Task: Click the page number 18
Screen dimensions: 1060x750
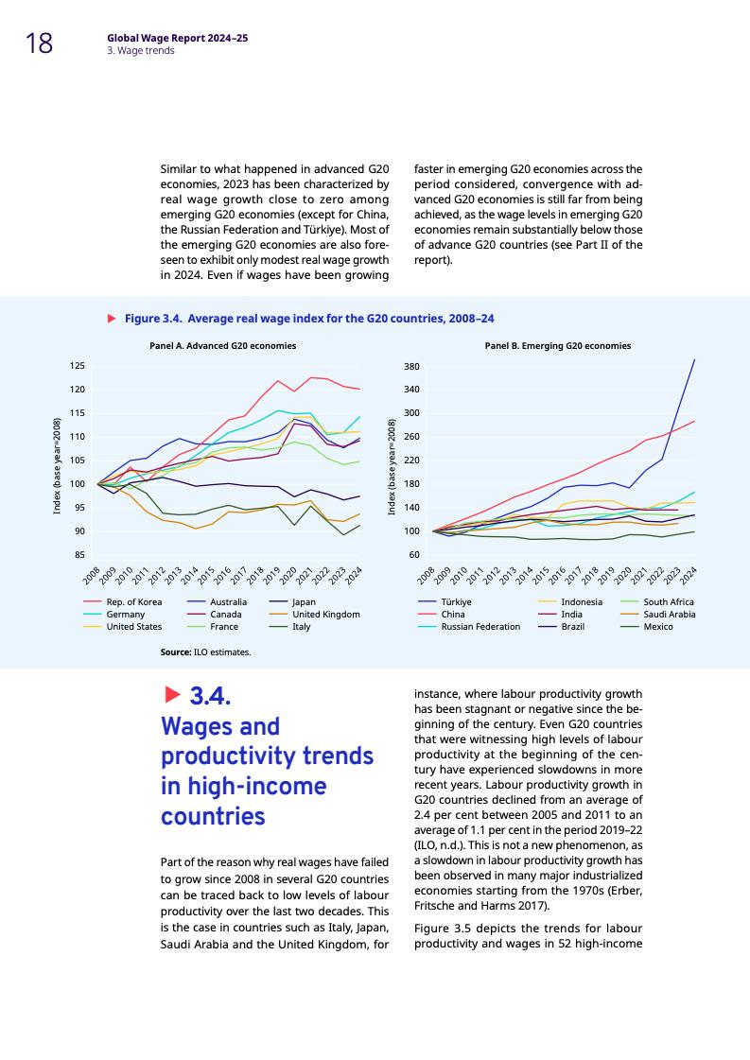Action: tap(39, 43)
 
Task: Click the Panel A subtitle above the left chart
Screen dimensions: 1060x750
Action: tap(222, 346)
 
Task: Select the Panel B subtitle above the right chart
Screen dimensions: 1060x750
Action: tap(557, 346)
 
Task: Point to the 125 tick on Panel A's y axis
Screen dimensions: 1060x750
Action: tap(78, 366)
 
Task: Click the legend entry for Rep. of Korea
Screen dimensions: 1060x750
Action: tap(134, 601)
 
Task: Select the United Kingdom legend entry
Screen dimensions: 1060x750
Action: tap(326, 614)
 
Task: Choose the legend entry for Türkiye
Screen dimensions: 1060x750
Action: tap(457, 601)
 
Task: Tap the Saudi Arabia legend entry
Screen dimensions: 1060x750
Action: tap(670, 614)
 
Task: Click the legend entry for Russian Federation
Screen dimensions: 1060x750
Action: tap(480, 626)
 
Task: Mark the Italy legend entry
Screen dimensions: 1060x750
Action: tap(302, 626)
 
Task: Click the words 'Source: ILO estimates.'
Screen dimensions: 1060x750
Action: tap(205, 652)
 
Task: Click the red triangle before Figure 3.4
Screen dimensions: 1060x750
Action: tap(112, 319)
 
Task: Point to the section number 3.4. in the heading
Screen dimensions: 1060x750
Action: tap(211, 698)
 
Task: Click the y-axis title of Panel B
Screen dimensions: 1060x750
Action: tap(392, 466)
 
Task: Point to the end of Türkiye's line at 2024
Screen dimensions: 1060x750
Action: tap(695, 359)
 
